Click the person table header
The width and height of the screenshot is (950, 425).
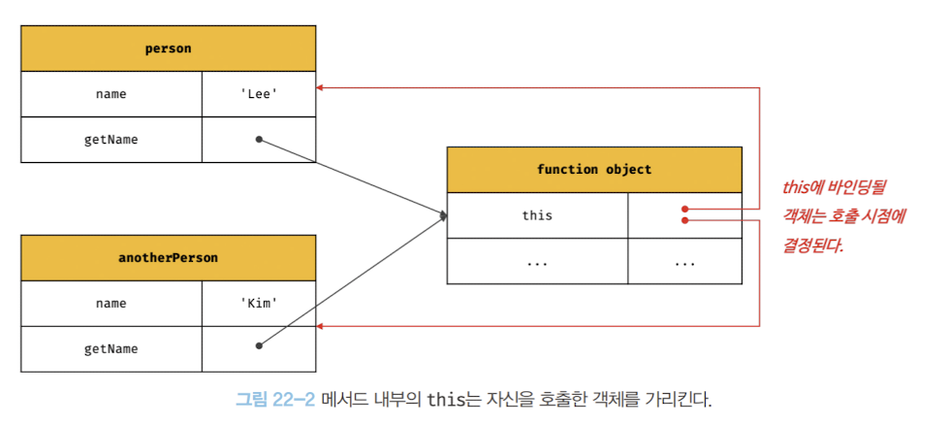pyautogui.click(x=168, y=48)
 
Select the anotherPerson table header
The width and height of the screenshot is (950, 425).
pyautogui.click(x=168, y=258)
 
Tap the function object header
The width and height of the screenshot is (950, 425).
pyautogui.click(x=593, y=170)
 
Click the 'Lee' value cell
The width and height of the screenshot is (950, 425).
pyautogui.click(x=259, y=94)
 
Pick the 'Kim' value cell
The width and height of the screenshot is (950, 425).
pyautogui.click(x=259, y=303)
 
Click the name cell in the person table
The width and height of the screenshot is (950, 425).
pyautogui.click(x=111, y=94)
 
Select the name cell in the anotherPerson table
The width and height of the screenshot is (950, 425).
pyautogui.click(x=111, y=303)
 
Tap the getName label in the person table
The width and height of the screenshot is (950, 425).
pyautogui.click(x=111, y=140)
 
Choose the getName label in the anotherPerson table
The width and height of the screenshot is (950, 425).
pyautogui.click(x=111, y=348)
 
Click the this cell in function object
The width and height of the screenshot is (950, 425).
pyautogui.click(x=537, y=215)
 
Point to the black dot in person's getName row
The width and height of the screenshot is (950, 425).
pyautogui.click(x=259, y=140)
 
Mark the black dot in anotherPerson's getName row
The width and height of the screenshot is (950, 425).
pyautogui.click(x=259, y=344)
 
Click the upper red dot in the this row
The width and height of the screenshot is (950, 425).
pyautogui.click(x=684, y=209)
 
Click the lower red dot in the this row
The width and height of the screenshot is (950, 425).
pyautogui.click(x=684, y=220)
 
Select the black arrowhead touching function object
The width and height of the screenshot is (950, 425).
pyautogui.click(x=443, y=215)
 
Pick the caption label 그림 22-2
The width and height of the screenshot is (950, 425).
pyautogui.click(x=275, y=399)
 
